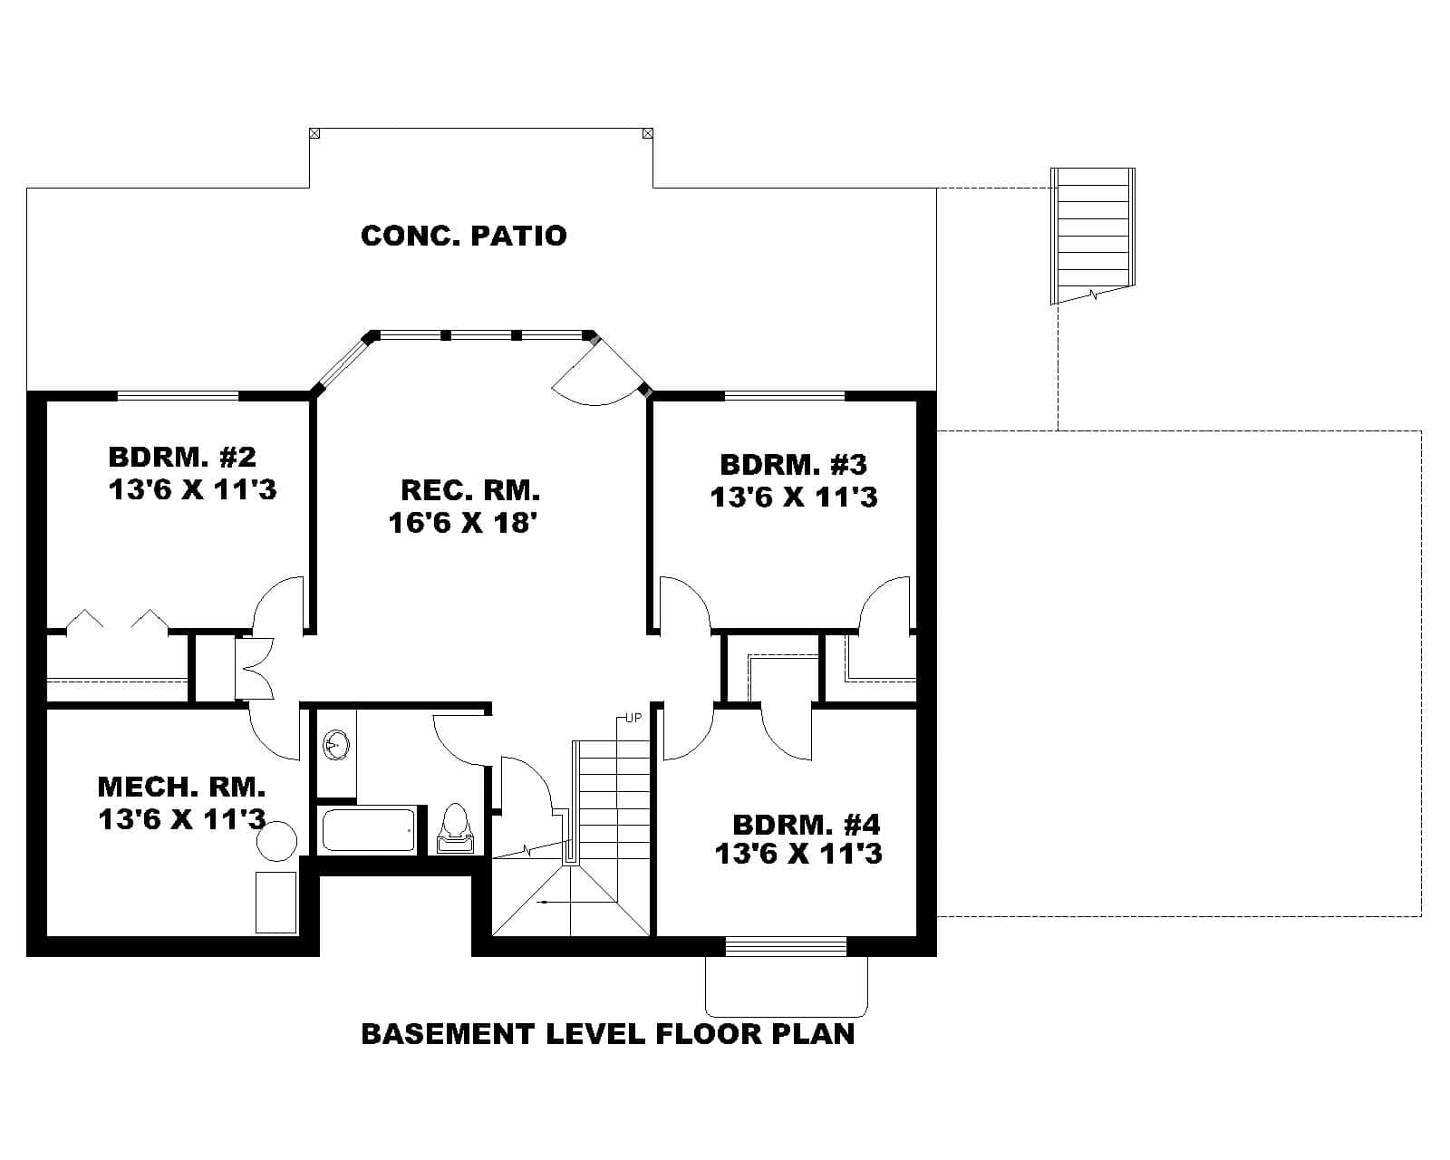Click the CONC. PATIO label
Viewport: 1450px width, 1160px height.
[463, 236]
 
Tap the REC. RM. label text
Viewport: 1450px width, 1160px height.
[469, 490]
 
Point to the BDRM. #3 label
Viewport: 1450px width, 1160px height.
[793, 465]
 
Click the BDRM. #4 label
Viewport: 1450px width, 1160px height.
[806, 826]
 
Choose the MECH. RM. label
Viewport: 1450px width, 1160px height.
[181, 786]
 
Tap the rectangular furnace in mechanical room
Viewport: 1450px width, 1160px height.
[275, 902]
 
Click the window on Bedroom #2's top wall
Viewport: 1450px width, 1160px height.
[178, 395]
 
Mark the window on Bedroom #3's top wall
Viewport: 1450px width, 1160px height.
[784, 395]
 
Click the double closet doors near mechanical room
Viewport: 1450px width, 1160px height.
[256, 669]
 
